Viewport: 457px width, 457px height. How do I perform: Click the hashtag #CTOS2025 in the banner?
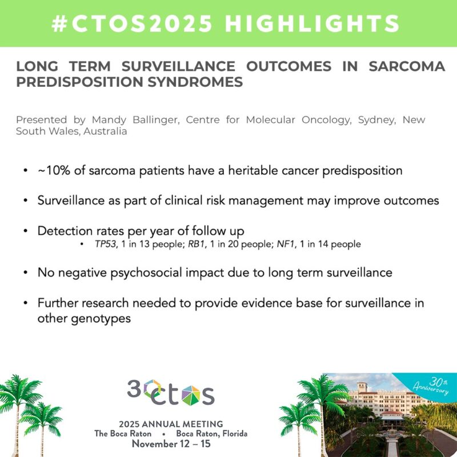click(133, 23)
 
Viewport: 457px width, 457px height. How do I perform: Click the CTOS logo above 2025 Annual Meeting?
click(171, 393)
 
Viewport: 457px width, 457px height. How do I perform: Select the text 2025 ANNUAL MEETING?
click(171, 423)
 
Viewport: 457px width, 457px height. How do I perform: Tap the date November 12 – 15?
click(171, 444)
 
